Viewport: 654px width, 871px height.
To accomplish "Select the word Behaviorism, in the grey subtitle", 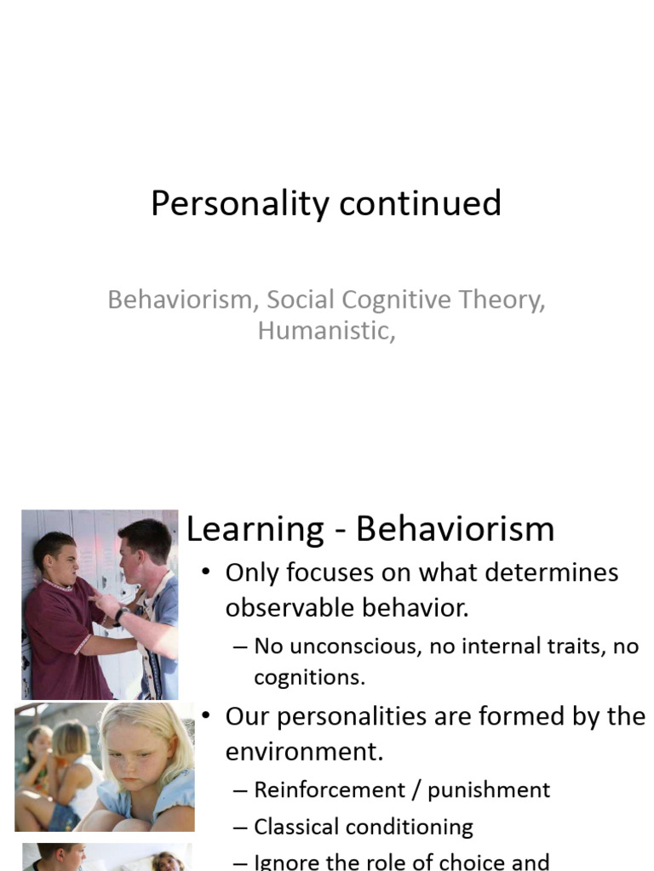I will click(x=183, y=300).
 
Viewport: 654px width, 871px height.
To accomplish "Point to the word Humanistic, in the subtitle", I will click(x=326, y=330).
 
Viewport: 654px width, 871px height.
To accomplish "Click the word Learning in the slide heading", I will click(x=255, y=529).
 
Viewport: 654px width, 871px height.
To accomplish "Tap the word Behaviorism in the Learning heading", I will click(x=455, y=529).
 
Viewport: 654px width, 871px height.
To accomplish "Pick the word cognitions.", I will click(x=309, y=678).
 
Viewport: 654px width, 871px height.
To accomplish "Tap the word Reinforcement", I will click(x=330, y=790).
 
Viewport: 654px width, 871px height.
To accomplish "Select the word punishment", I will click(x=489, y=790).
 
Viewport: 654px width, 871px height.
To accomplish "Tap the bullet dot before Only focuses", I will click(x=205, y=572).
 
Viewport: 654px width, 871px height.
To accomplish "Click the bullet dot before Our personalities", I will click(x=205, y=717).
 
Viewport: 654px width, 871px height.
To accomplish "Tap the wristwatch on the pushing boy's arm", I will click(x=121, y=613).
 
